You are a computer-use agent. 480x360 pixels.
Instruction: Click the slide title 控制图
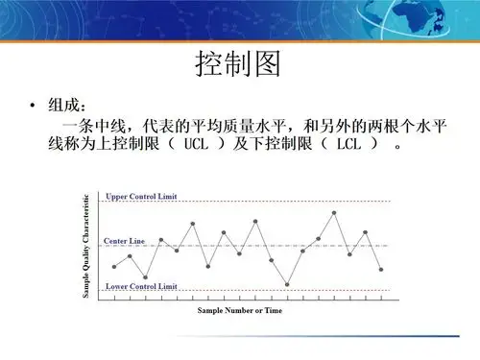click(238, 66)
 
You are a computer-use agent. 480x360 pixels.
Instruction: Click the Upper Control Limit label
click(142, 196)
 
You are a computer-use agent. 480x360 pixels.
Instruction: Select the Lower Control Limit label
click(142, 286)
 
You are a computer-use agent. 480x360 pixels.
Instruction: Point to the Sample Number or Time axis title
click(241, 310)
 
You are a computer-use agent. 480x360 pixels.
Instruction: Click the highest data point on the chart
click(334, 212)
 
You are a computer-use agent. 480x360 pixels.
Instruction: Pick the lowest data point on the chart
click(287, 285)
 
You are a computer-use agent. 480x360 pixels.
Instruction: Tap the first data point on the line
click(114, 266)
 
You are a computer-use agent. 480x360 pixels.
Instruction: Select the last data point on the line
click(381, 270)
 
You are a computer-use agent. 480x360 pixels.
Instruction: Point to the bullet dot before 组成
click(34, 104)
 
